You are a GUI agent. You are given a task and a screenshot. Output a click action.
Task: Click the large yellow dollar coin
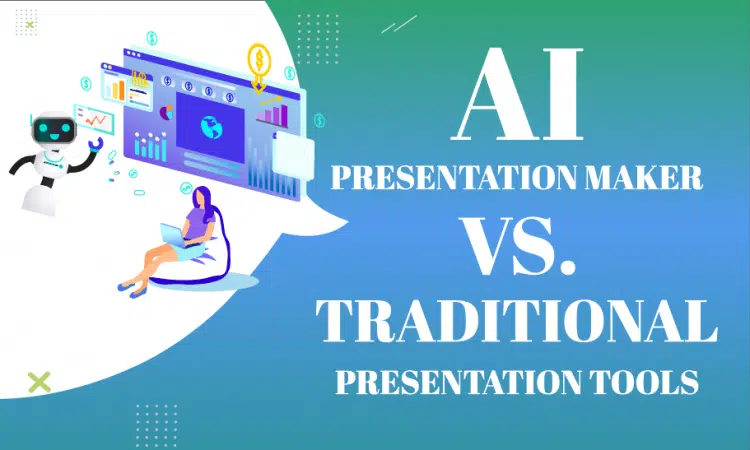(261, 57)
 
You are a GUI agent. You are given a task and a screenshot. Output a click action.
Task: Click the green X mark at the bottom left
(39, 380)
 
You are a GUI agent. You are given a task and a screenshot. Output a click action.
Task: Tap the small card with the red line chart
(96, 121)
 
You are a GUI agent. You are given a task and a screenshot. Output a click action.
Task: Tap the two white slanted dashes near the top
(399, 24)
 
